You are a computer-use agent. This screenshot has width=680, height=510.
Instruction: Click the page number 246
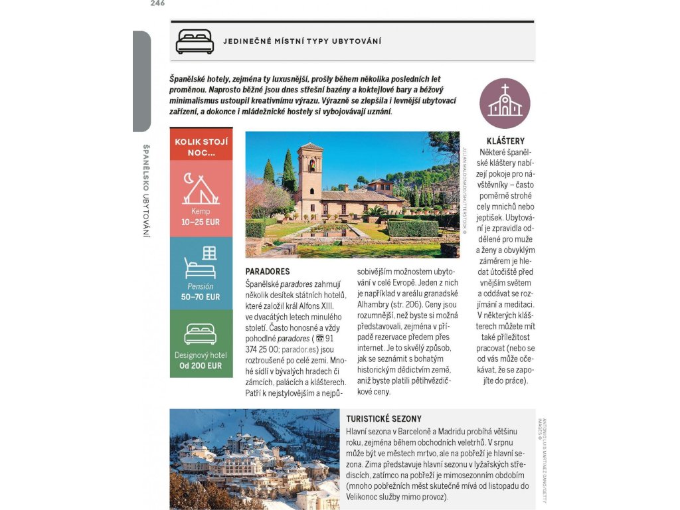[x=157, y=3]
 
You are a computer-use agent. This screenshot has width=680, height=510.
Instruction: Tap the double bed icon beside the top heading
[x=195, y=42]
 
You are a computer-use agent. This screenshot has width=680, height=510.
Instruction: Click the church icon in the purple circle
[x=505, y=103]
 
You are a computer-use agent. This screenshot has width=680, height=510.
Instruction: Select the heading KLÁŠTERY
[x=505, y=141]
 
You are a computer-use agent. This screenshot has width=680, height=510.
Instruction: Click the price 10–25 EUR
[x=201, y=222]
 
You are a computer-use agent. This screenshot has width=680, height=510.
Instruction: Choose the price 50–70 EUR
[x=201, y=297]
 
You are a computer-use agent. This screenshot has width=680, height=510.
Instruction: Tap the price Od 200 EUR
[x=201, y=365]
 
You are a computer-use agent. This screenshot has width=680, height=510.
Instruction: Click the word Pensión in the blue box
[x=201, y=286]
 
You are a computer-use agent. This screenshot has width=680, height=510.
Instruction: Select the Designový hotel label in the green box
[x=201, y=355]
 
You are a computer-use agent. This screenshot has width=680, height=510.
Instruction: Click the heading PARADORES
[x=268, y=272]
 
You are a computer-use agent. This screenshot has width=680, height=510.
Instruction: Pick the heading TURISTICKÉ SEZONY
[x=384, y=419]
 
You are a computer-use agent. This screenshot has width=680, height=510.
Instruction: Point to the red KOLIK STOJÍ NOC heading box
[x=201, y=147]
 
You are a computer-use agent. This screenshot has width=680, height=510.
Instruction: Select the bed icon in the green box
[x=201, y=334]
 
